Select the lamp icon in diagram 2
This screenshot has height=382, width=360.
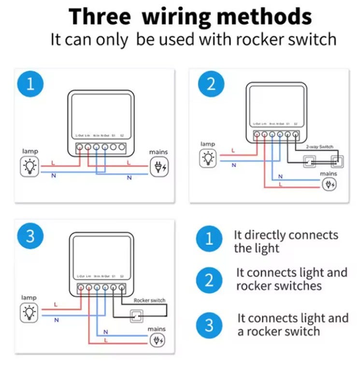coord(208,157)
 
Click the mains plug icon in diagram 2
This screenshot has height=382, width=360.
coord(329,184)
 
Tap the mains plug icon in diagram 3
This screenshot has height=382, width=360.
coord(158,340)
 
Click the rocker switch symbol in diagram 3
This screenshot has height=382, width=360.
coord(137,316)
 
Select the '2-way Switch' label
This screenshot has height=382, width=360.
coord(320,146)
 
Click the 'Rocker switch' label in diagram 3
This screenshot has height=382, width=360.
coord(150,300)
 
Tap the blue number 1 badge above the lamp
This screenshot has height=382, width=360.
coord(31,85)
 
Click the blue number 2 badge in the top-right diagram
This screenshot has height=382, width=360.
coord(211,85)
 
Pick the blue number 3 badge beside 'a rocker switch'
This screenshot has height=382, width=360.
coord(209,325)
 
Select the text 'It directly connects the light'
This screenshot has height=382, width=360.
coord(286,241)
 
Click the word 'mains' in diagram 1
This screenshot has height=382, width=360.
coord(158,152)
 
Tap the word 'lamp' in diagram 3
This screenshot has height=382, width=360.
coord(29,297)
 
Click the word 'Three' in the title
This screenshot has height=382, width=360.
coord(100,17)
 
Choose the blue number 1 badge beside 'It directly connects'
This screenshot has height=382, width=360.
coord(209,239)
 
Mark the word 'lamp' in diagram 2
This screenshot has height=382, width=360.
coord(208,143)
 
